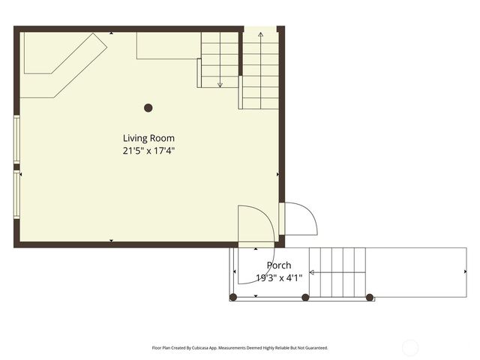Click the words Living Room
148,138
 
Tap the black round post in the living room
148,108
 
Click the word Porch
279,265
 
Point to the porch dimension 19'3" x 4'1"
279,277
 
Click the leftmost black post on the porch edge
233,298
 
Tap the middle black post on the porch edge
305,298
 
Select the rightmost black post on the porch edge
370,298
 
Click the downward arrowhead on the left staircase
220,85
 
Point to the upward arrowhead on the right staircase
260,35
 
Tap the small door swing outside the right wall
299,218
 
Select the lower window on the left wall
16,196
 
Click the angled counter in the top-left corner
63,64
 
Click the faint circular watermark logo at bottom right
410,347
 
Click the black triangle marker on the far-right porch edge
464,272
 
